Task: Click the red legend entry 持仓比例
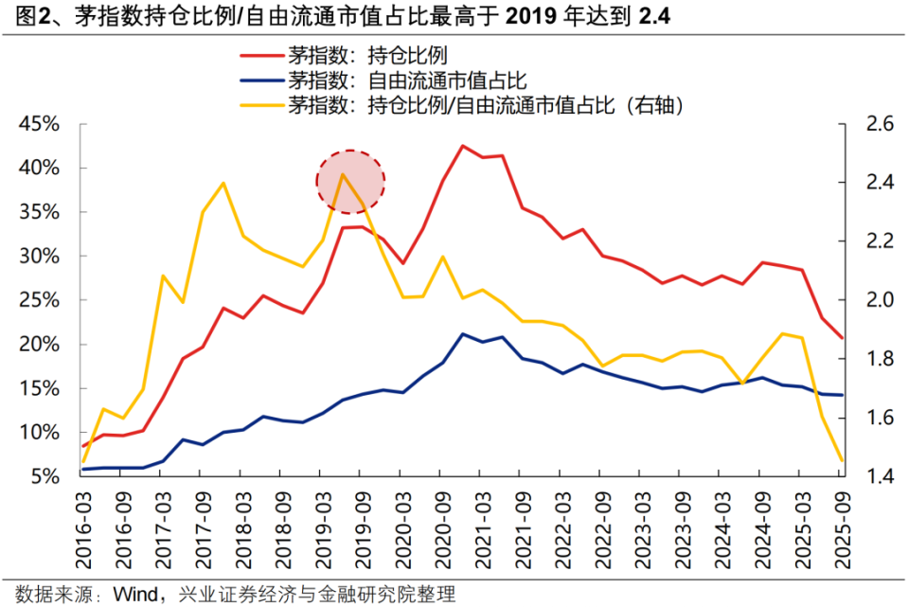(369, 55)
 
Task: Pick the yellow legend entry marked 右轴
(485, 104)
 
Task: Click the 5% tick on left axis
(45, 476)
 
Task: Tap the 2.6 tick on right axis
(874, 124)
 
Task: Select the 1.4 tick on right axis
(874, 476)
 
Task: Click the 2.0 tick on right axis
(874, 300)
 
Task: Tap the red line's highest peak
(462, 146)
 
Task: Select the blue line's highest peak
(462, 333)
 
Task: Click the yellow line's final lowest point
(842, 461)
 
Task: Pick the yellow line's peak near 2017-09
(223, 183)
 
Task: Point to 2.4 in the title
(654, 17)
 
